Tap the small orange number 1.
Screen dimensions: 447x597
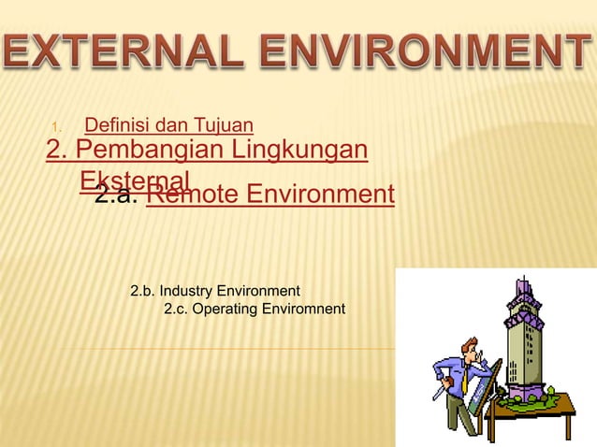coord(56,126)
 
